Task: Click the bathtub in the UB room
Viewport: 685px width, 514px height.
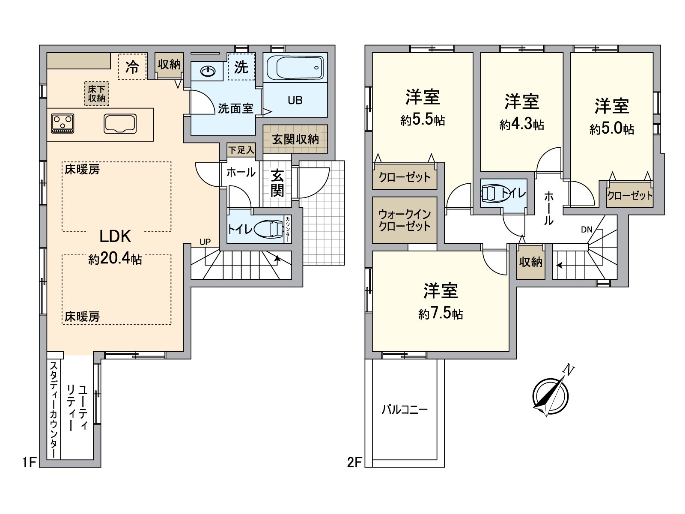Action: click(x=295, y=67)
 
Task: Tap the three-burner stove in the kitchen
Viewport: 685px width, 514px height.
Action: click(x=63, y=123)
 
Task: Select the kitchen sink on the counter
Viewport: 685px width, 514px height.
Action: click(x=120, y=124)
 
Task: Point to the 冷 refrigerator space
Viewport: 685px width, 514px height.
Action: click(x=132, y=66)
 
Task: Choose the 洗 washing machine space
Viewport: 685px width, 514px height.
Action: click(x=241, y=66)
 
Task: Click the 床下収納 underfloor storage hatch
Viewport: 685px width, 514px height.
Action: click(x=96, y=94)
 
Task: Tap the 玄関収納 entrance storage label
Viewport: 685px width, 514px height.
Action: click(x=295, y=139)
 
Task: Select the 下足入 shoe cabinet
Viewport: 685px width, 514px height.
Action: click(x=241, y=150)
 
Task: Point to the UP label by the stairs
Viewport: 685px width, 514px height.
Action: click(x=205, y=242)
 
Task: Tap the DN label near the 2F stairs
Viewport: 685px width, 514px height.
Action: click(x=587, y=230)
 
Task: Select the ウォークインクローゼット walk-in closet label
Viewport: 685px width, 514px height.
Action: click(x=405, y=220)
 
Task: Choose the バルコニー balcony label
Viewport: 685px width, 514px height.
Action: click(x=405, y=409)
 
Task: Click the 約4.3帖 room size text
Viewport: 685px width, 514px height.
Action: click(x=521, y=125)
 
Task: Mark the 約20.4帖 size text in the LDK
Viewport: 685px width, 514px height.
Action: click(x=115, y=259)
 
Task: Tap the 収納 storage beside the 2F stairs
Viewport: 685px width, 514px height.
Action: click(x=531, y=262)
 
